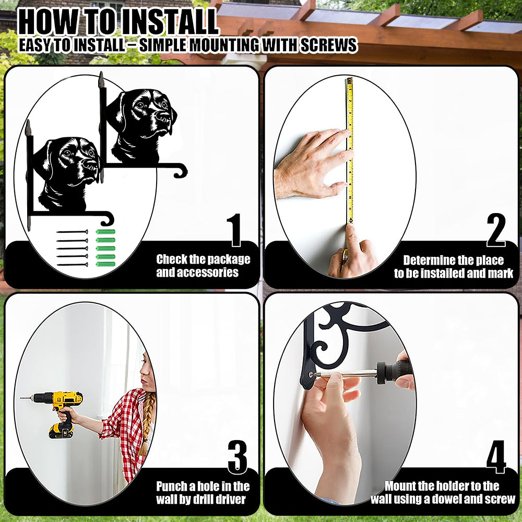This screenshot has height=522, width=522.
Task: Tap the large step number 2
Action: [x=496, y=230]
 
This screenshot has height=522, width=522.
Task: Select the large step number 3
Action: [x=238, y=457]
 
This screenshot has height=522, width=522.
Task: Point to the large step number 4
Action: [x=496, y=457]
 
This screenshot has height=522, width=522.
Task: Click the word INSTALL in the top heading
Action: [x=169, y=22]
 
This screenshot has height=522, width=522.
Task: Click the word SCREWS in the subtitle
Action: [x=329, y=45]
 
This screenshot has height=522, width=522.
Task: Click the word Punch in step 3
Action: [x=171, y=487]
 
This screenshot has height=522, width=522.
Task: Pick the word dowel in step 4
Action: [x=452, y=499]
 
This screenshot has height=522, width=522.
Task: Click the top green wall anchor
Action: [x=105, y=232]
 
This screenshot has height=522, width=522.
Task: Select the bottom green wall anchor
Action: [x=105, y=264]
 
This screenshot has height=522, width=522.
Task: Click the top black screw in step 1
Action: [x=72, y=232]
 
